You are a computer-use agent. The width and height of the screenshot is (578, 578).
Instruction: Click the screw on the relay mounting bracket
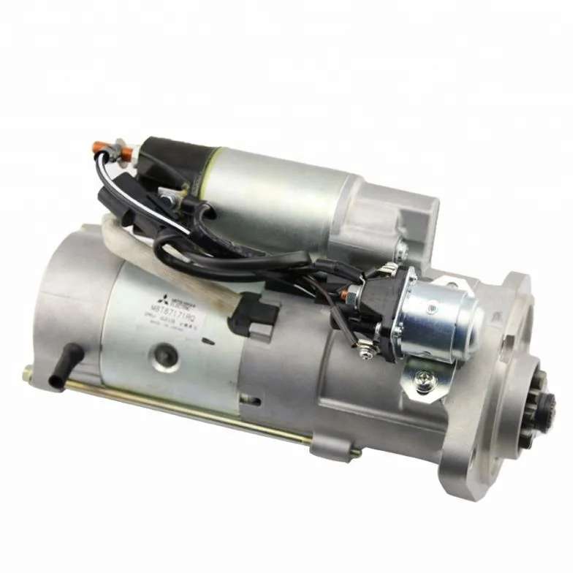(x=424, y=380)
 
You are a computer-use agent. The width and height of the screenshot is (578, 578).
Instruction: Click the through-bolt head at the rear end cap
(x=28, y=373)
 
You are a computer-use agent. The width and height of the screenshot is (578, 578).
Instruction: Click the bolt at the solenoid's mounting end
(x=400, y=251)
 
